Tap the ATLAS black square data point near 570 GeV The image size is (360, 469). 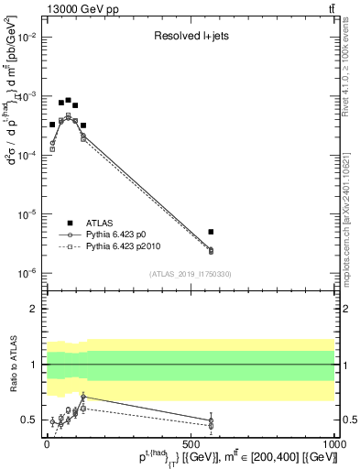coord(211,232)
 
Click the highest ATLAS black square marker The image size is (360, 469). coord(69,101)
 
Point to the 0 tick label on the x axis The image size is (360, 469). coord(46,445)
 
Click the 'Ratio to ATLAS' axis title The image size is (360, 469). coord(12,364)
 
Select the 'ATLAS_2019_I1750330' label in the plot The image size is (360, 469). coord(190,274)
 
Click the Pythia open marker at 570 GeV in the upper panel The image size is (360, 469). coord(211,250)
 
